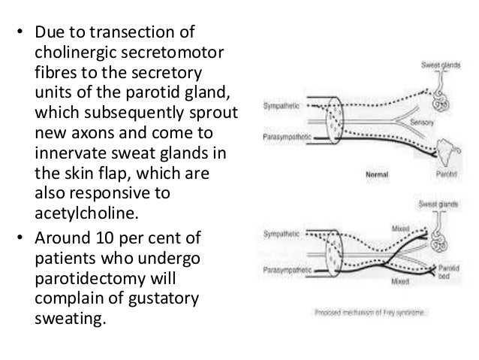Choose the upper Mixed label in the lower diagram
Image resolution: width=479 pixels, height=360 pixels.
(x=399, y=228)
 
